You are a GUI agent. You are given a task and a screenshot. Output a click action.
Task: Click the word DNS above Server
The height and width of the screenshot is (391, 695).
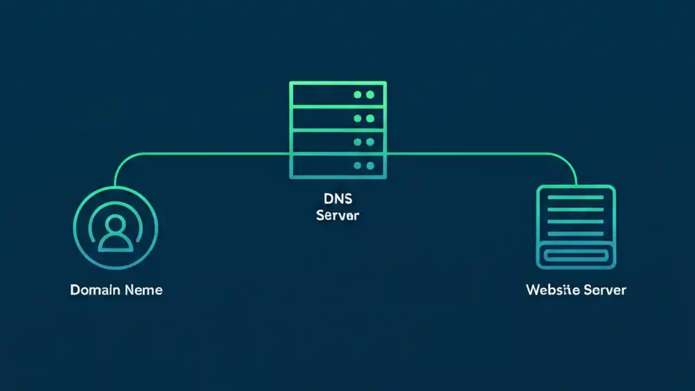[x=337, y=198]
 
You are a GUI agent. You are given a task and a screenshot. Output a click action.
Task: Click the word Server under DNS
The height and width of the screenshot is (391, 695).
[x=337, y=215]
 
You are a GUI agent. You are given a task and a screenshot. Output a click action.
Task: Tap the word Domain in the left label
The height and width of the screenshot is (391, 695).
[x=94, y=289]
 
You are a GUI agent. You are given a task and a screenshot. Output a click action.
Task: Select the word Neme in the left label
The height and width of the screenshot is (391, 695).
[x=143, y=289]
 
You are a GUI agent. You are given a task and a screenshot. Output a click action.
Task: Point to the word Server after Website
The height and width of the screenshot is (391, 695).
[x=605, y=289]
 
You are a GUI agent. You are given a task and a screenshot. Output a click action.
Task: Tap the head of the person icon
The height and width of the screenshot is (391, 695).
[x=116, y=223]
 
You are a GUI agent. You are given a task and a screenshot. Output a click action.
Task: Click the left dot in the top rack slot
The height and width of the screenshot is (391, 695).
[x=357, y=94]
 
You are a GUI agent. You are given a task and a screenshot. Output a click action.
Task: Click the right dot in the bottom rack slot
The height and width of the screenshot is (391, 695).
[x=370, y=166]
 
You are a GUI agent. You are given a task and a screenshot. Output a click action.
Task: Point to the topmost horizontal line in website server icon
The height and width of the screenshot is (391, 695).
[x=576, y=198]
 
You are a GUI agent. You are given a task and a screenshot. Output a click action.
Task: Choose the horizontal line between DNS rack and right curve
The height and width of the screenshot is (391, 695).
[x=467, y=154]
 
